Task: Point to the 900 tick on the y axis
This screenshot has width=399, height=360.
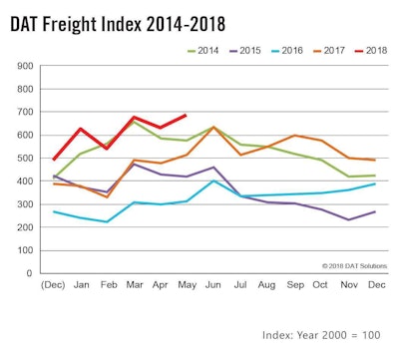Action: (x=24, y=67)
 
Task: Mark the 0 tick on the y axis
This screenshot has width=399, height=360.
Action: (x=30, y=273)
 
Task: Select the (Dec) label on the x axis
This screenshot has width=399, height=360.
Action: (x=54, y=285)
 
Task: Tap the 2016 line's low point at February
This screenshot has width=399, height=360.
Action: (x=107, y=221)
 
